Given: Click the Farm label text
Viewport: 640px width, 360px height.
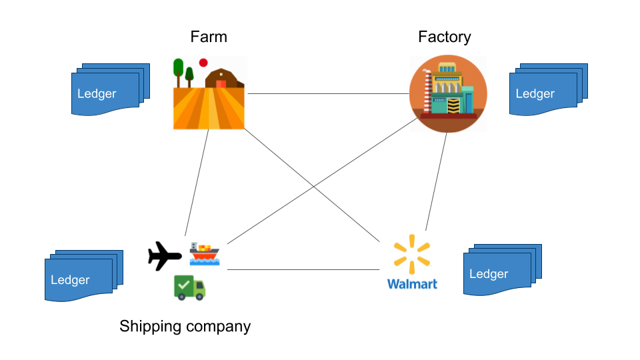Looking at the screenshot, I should pyautogui.click(x=209, y=37).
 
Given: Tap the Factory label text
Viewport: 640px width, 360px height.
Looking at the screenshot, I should pyautogui.click(x=444, y=37).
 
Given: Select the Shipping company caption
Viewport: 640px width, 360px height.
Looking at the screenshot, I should pyautogui.click(x=185, y=326).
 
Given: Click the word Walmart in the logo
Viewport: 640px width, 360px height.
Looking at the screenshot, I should pyautogui.click(x=412, y=284).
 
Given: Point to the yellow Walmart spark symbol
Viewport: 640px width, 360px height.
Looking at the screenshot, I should pyautogui.click(x=412, y=254).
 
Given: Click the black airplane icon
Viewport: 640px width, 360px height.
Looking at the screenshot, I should pyautogui.click(x=164, y=256).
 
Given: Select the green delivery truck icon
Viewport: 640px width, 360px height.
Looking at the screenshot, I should pyautogui.click(x=189, y=287).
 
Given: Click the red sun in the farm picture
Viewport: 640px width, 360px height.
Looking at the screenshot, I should pyautogui.click(x=203, y=62).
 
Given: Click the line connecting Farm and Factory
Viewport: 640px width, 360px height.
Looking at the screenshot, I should pyautogui.click(x=327, y=94).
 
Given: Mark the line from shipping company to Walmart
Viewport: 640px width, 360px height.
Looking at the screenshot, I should pyautogui.click(x=303, y=269).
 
